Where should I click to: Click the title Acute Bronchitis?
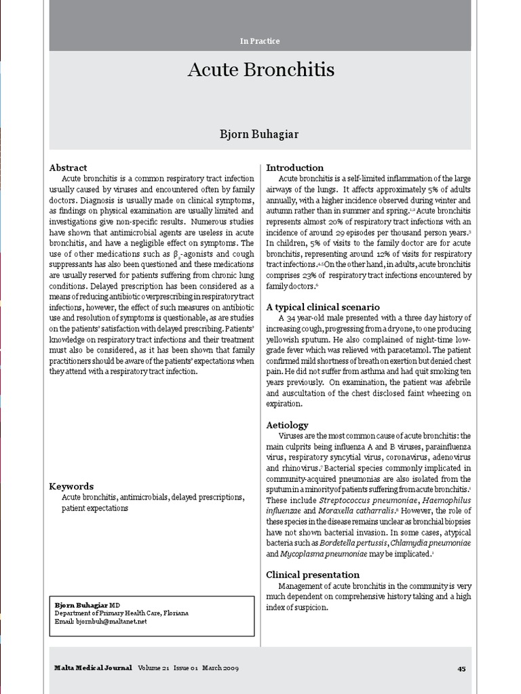260,70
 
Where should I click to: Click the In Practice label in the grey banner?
260,41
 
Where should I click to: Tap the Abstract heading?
69,167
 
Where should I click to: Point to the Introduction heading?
294,167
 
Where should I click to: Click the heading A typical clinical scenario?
322,307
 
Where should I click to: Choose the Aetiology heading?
287,425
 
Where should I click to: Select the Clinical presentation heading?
313,575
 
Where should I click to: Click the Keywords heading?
71,486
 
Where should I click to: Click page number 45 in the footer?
461,668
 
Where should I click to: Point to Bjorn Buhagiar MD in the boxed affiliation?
87,604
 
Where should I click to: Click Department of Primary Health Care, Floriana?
121,613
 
